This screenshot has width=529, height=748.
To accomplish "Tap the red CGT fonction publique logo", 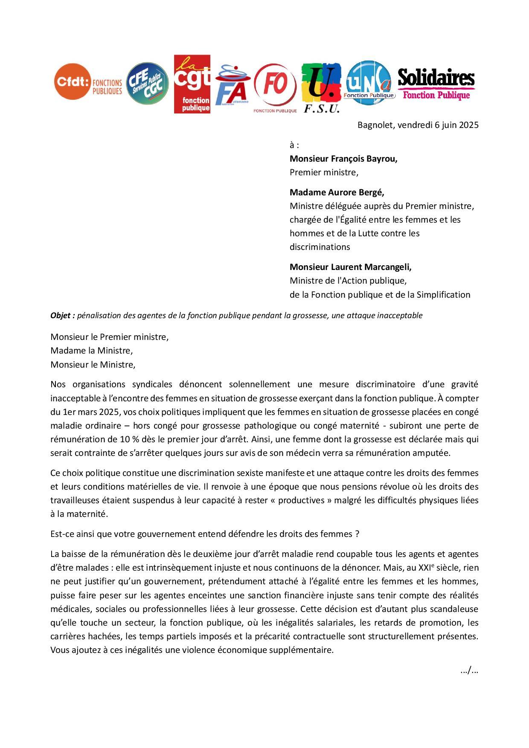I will click(192, 84).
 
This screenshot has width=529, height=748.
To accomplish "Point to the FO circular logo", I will click(275, 87).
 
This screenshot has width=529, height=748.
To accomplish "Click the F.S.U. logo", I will click(321, 88).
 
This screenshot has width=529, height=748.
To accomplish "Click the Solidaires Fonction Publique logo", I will click(436, 84).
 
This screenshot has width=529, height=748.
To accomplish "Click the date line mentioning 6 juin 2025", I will click(418, 125).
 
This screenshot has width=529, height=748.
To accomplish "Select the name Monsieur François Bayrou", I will click(343, 159).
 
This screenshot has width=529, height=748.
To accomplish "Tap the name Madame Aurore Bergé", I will click(337, 192).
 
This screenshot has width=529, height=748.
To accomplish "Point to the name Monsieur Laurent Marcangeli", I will click(350, 267).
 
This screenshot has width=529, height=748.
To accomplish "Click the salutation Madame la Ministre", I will click(92, 351).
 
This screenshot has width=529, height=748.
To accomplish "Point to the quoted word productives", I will click(301, 500).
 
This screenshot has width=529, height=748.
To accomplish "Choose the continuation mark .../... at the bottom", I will click(469, 671).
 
